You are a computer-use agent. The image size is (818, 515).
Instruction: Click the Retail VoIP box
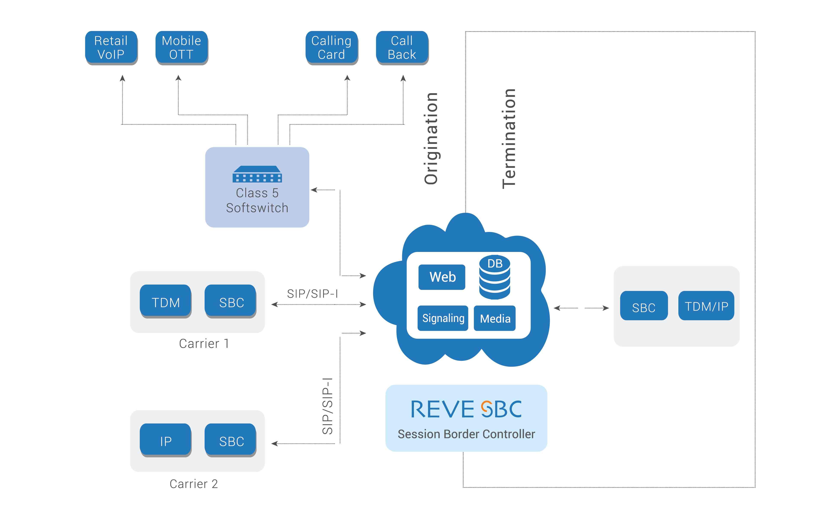111,47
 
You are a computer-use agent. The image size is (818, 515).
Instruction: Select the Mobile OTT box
181,47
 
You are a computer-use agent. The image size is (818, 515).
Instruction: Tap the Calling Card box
331,47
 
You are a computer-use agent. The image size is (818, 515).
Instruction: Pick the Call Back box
402,47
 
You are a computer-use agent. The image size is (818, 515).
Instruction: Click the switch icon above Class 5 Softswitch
257,174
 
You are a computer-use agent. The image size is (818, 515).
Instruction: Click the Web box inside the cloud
442,277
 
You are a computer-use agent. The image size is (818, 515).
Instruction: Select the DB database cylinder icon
495,277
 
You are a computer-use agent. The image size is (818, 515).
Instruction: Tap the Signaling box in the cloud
443,318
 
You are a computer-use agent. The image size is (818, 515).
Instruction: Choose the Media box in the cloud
495,318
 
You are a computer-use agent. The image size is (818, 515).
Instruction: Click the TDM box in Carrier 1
165,302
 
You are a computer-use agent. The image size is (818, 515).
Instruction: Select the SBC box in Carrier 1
231,302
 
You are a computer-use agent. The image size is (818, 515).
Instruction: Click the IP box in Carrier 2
165,441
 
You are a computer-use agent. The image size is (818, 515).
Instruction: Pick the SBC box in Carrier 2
231,441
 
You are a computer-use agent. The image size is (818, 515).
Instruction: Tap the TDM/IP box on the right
706,306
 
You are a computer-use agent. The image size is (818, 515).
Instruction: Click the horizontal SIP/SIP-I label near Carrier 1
312,294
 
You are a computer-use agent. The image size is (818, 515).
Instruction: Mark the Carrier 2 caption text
194,484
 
